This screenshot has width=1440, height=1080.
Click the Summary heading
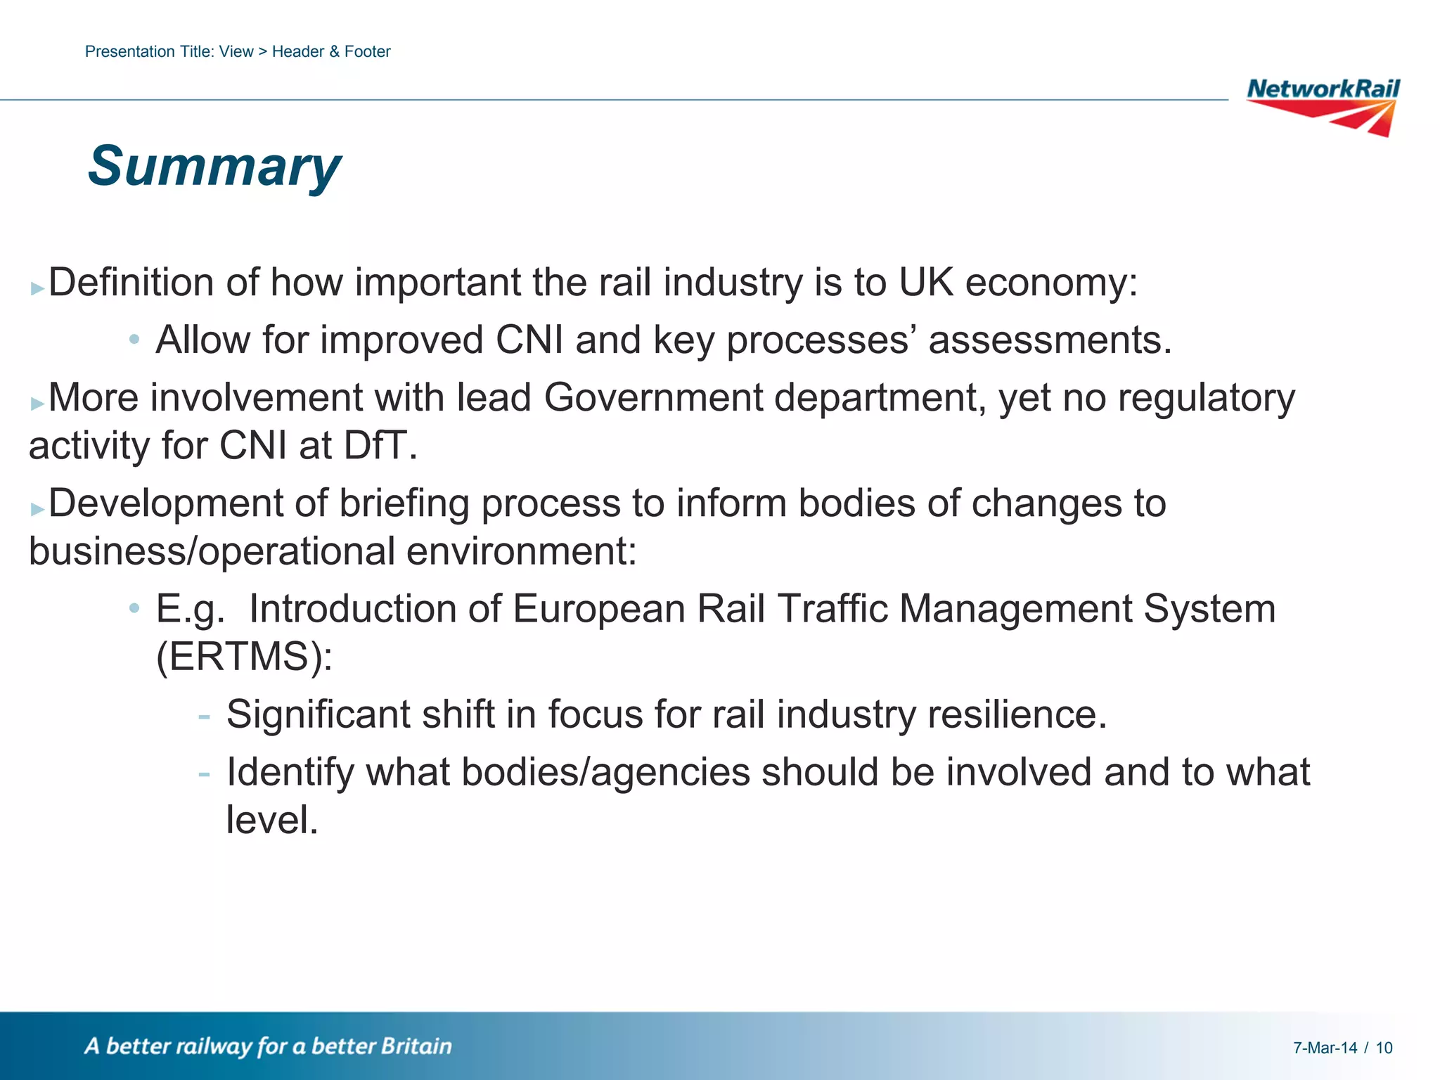coord(214,167)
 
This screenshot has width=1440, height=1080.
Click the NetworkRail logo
coord(1323,106)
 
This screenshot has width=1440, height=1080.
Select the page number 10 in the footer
coord(1384,1048)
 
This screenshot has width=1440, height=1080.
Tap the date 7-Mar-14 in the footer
coord(1325,1048)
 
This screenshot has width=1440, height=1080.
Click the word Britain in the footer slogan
coord(416,1046)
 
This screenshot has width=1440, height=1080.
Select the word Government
coord(652,398)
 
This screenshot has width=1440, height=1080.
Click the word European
coord(598,609)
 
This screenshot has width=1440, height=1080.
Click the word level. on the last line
coord(271,820)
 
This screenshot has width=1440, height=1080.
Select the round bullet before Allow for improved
coord(134,340)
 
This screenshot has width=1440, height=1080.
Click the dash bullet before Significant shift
coord(204,716)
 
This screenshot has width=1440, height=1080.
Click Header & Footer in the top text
coord(331,51)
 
